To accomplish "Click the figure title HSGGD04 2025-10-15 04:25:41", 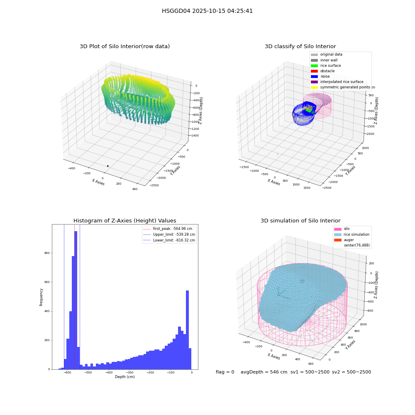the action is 207,11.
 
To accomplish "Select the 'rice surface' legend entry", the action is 326,66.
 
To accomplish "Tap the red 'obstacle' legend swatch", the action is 314,71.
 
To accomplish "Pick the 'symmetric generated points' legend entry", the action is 340,87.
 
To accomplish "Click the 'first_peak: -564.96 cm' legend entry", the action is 168,229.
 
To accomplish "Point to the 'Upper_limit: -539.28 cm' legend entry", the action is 169,234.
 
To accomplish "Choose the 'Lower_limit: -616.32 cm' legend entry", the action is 169,240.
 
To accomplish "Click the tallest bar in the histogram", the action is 76,300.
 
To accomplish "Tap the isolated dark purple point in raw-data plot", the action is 108,166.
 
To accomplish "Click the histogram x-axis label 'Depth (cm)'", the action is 124,377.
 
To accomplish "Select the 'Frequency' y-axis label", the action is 41,297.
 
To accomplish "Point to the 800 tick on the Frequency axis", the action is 47,253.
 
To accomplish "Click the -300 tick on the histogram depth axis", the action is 129,372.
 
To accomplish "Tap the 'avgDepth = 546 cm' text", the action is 264,372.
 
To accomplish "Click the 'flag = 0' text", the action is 225,372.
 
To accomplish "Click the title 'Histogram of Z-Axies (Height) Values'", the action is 124,220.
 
